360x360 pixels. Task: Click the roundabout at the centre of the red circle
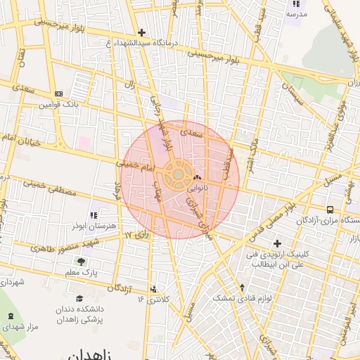point(179,173)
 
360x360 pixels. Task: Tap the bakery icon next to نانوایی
point(196,179)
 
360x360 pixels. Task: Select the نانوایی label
point(197,188)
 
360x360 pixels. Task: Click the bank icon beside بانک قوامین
point(58,94)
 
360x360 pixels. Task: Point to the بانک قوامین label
point(57,105)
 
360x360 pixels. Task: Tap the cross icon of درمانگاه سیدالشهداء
point(141,32)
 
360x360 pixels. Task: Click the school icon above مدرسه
point(295,4)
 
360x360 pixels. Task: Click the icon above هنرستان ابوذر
point(93,215)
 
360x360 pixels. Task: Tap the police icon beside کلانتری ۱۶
point(154,288)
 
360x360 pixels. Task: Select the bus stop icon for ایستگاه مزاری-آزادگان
point(330,209)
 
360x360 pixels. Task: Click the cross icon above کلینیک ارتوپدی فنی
point(277,243)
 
